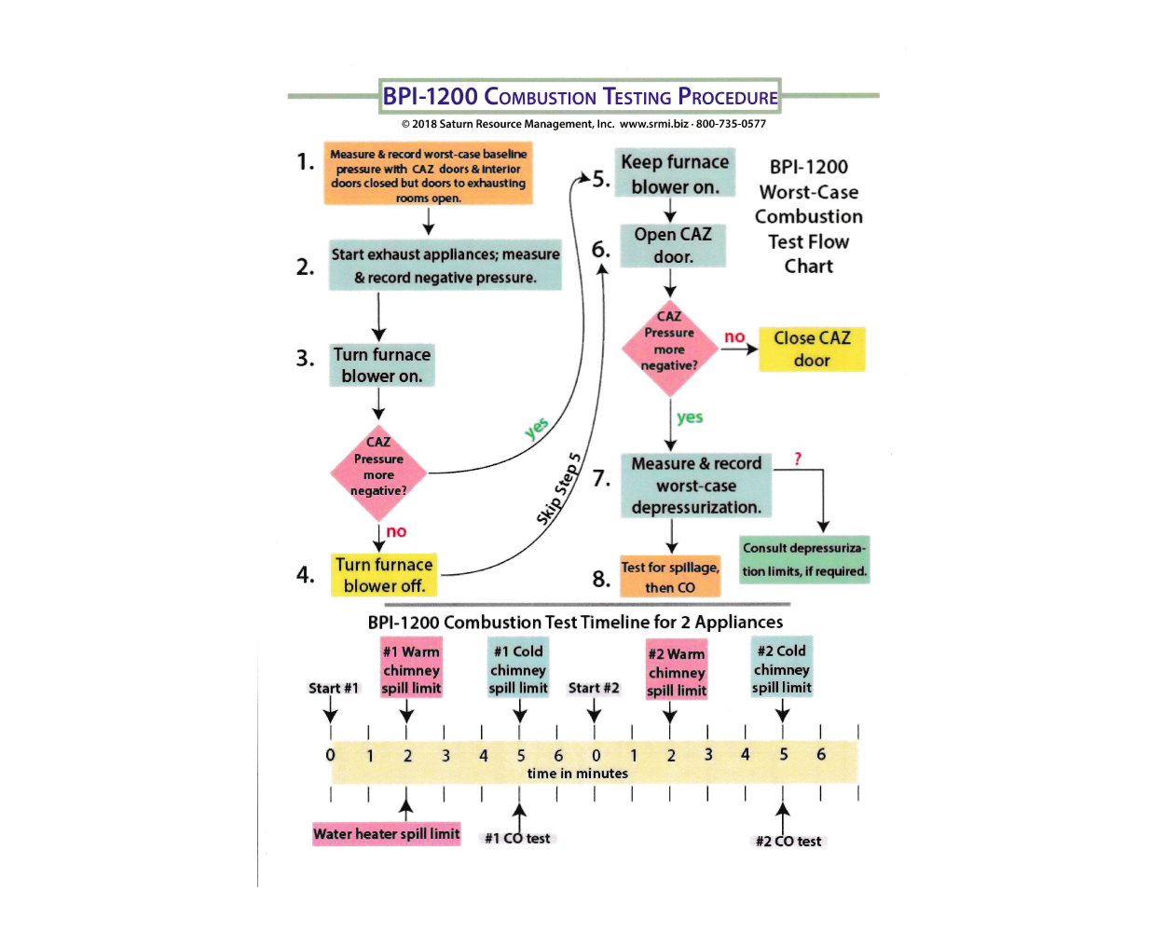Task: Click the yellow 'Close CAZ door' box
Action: coord(812,349)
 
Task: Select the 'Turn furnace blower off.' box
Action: coord(384,575)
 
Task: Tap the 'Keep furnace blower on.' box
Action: coord(675,173)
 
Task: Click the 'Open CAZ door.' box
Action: coord(673,245)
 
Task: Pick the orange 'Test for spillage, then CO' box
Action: coord(670,577)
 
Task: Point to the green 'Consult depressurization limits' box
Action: coord(804,559)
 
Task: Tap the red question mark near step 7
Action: coord(798,459)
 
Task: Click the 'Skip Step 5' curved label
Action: coord(559,488)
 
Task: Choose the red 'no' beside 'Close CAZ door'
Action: coord(734,337)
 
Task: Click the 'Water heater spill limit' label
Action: coord(387,834)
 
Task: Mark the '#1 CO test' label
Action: coord(517,839)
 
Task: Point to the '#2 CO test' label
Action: coord(788,842)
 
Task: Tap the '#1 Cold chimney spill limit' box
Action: coord(518,669)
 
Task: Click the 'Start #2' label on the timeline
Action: coord(594,688)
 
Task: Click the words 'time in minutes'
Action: coord(578,774)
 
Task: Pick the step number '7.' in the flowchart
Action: coord(602,479)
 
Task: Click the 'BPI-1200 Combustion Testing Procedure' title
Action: coord(580,96)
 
